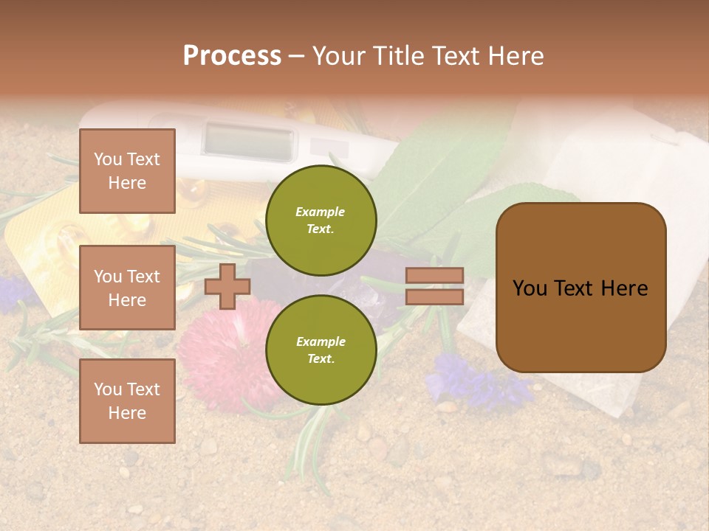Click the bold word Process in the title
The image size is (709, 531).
tap(232, 56)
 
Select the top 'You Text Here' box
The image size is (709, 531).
tap(127, 171)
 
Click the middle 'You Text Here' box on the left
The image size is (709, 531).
tap(127, 288)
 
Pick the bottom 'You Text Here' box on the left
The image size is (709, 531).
tap(127, 400)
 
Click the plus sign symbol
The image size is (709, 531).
tap(227, 287)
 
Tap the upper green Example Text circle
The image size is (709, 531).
tap(321, 221)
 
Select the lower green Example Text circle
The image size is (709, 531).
tap(321, 350)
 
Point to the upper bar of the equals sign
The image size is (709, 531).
tap(435, 276)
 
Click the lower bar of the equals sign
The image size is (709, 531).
tap(435, 296)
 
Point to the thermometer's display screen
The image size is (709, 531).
tap(247, 139)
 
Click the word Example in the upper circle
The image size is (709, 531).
tap(321, 212)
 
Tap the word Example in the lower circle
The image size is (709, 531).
tap(321, 341)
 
